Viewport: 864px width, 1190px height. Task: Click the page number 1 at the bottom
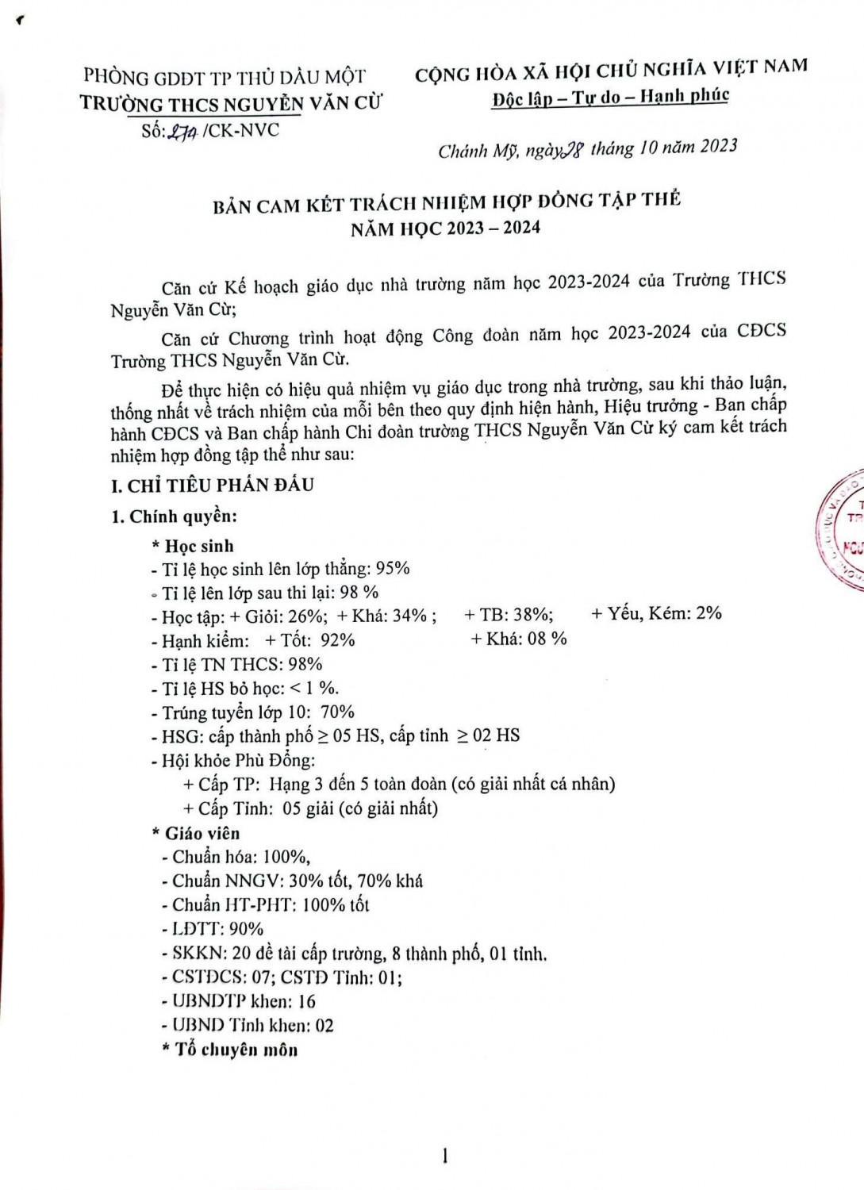(444, 1157)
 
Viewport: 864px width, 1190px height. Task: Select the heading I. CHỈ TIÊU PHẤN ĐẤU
(213, 485)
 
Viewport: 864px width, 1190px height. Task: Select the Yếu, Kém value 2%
(708, 612)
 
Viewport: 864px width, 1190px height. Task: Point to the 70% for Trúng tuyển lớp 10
(337, 712)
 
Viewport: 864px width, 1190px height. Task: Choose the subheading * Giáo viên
(196, 833)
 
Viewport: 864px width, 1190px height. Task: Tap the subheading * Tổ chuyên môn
(229, 1050)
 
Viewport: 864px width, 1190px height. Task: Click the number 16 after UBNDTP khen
(306, 1001)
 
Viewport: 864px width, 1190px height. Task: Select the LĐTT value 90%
(246, 929)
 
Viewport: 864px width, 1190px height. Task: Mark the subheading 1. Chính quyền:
(175, 516)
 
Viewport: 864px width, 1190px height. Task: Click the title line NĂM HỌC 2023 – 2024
(446, 228)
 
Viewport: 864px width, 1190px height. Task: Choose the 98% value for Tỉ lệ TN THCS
(305, 665)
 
